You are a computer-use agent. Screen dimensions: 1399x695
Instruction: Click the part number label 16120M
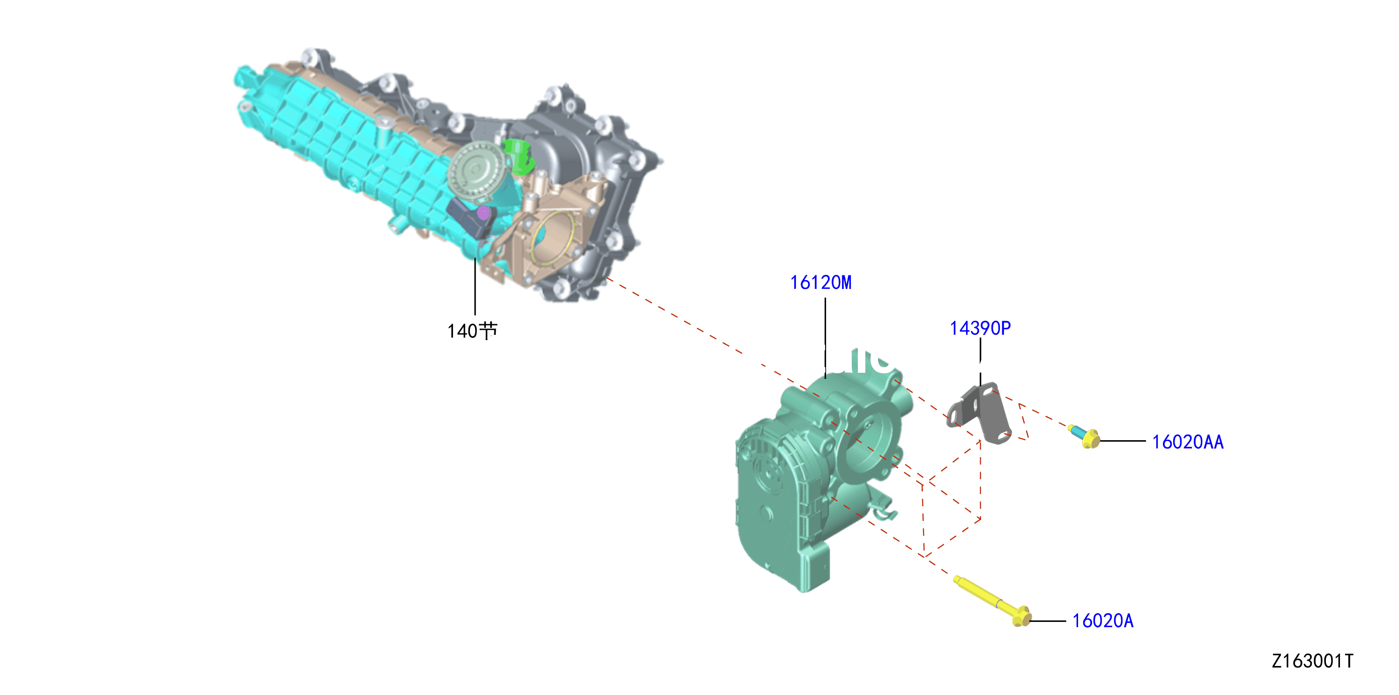(x=820, y=282)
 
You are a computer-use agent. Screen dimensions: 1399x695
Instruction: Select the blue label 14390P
(x=980, y=328)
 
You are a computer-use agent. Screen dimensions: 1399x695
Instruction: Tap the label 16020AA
(x=1188, y=442)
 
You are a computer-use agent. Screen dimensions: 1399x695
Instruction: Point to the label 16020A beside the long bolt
(x=1103, y=621)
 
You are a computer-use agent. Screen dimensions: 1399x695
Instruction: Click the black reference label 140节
(x=472, y=331)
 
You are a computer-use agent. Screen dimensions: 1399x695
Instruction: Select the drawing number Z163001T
(x=1313, y=661)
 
